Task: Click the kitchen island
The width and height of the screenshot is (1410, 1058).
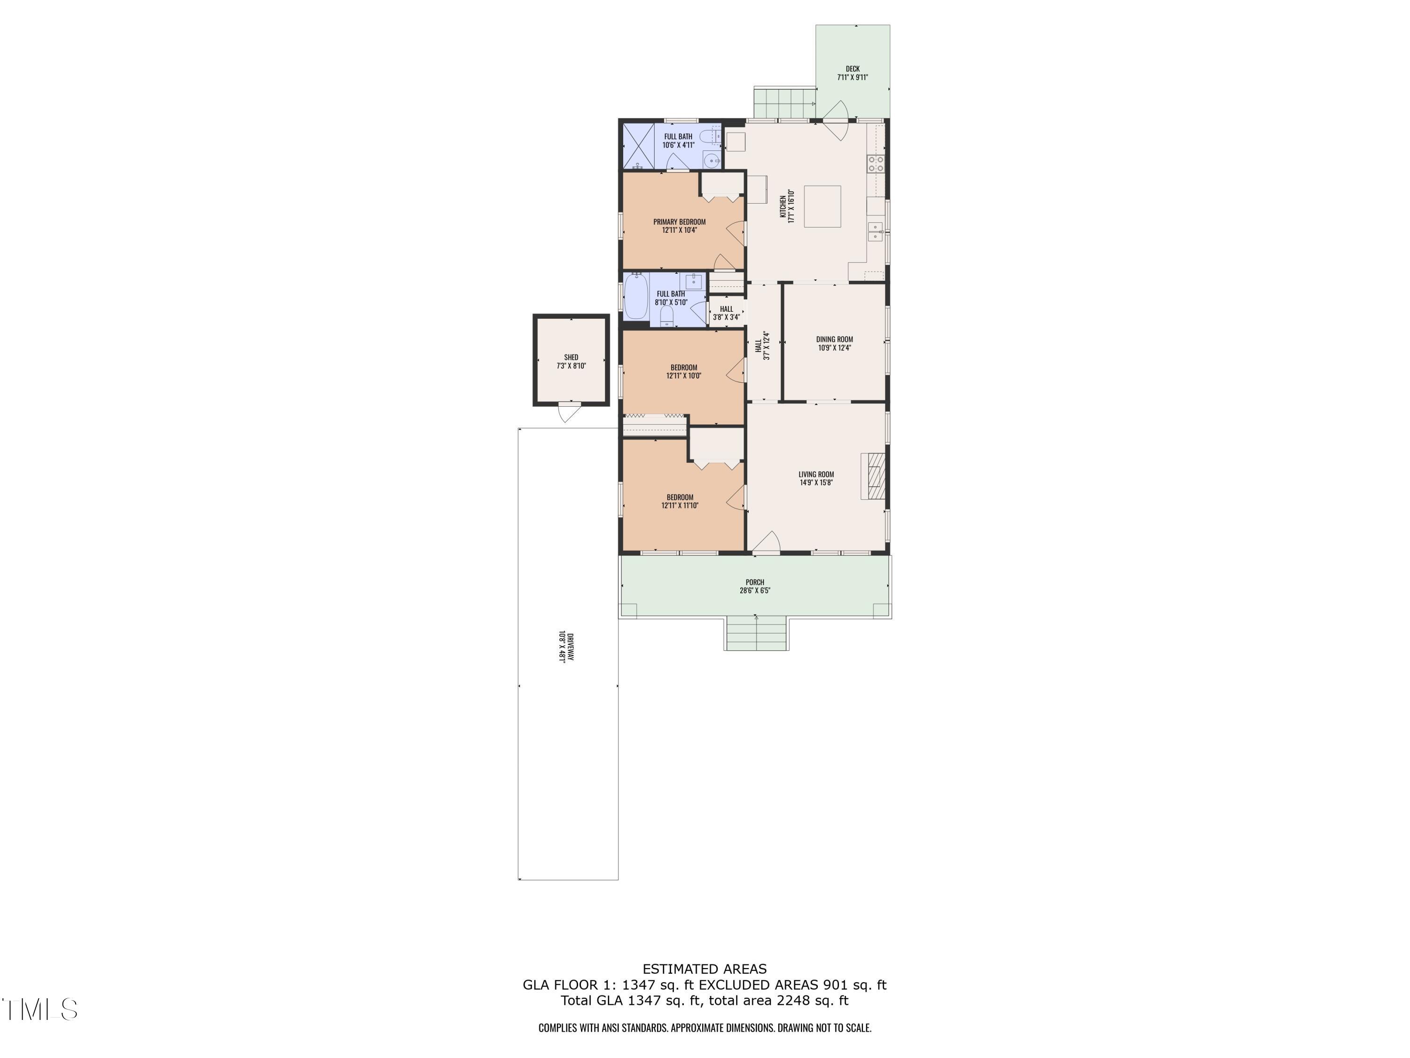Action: (x=822, y=206)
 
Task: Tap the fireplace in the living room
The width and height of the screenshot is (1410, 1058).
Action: (x=873, y=476)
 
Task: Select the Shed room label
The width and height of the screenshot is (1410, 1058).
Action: (x=571, y=357)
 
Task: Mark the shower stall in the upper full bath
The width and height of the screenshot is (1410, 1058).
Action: (x=638, y=146)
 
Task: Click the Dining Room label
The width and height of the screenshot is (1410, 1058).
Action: (x=834, y=340)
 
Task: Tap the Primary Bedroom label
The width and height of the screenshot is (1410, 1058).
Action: (x=679, y=222)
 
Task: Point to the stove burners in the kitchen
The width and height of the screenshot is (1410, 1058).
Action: (x=875, y=164)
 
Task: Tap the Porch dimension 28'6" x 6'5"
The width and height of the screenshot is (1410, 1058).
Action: (x=755, y=591)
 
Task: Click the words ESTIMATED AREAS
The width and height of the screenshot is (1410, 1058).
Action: (x=705, y=969)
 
